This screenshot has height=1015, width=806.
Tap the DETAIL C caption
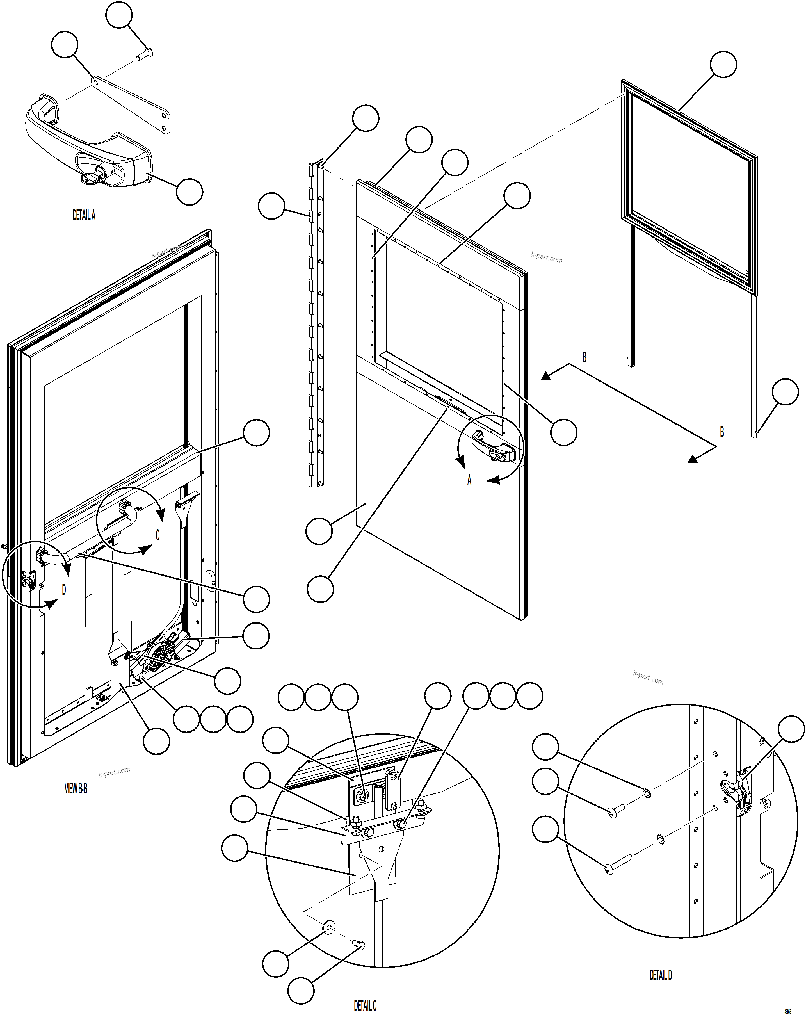pyautogui.click(x=365, y=1005)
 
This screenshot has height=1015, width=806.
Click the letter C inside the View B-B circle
pyautogui.click(x=158, y=535)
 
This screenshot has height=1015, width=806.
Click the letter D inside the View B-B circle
pyautogui.click(x=64, y=589)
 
